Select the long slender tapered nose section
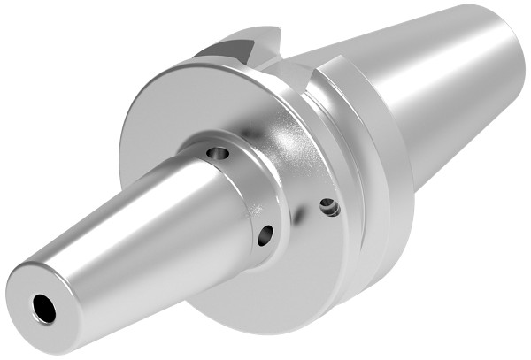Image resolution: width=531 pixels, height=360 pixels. pos(133,230)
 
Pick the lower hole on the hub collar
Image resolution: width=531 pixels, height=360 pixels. pos(265,234)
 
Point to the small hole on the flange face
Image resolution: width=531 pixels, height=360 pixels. pos(328,207)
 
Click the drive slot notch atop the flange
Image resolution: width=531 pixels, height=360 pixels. pos(243,46)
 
